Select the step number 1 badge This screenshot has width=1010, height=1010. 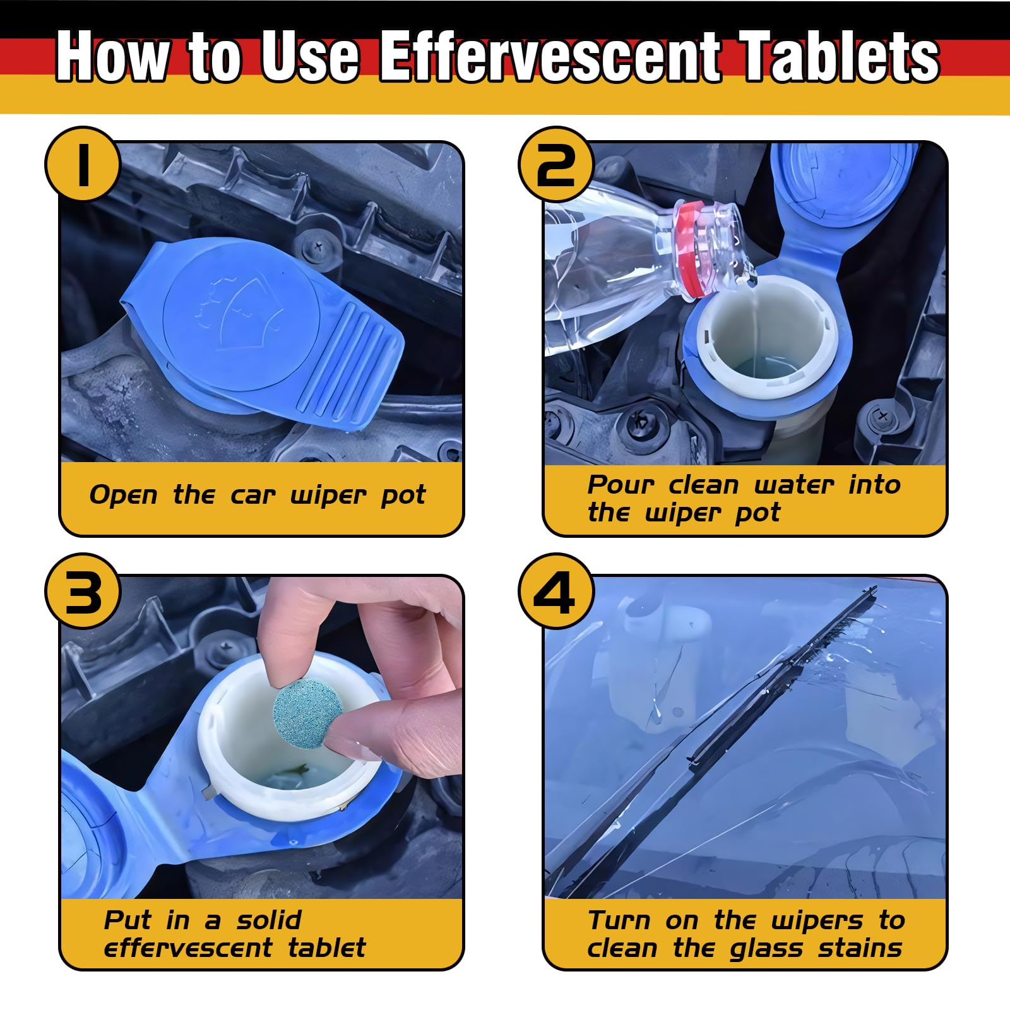point(83,164)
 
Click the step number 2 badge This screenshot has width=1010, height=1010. point(556,164)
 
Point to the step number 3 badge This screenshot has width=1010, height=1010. point(83,591)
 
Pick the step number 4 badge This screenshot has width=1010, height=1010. point(556,591)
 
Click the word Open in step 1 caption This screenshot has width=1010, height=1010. point(123,495)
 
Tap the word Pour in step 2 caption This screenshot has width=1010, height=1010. point(621,485)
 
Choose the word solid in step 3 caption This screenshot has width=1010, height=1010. point(269,920)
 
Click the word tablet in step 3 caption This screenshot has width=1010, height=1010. point(327,948)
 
